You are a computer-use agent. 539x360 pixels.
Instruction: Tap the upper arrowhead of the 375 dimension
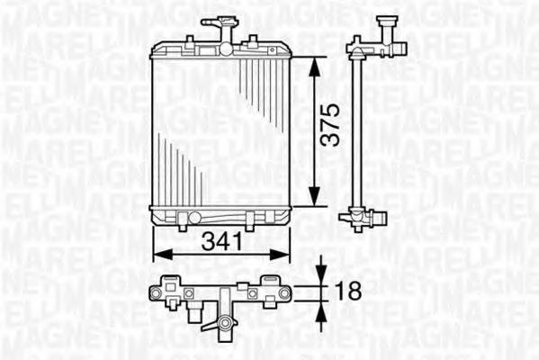(x=312, y=63)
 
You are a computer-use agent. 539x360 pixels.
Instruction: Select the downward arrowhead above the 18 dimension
(x=321, y=275)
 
